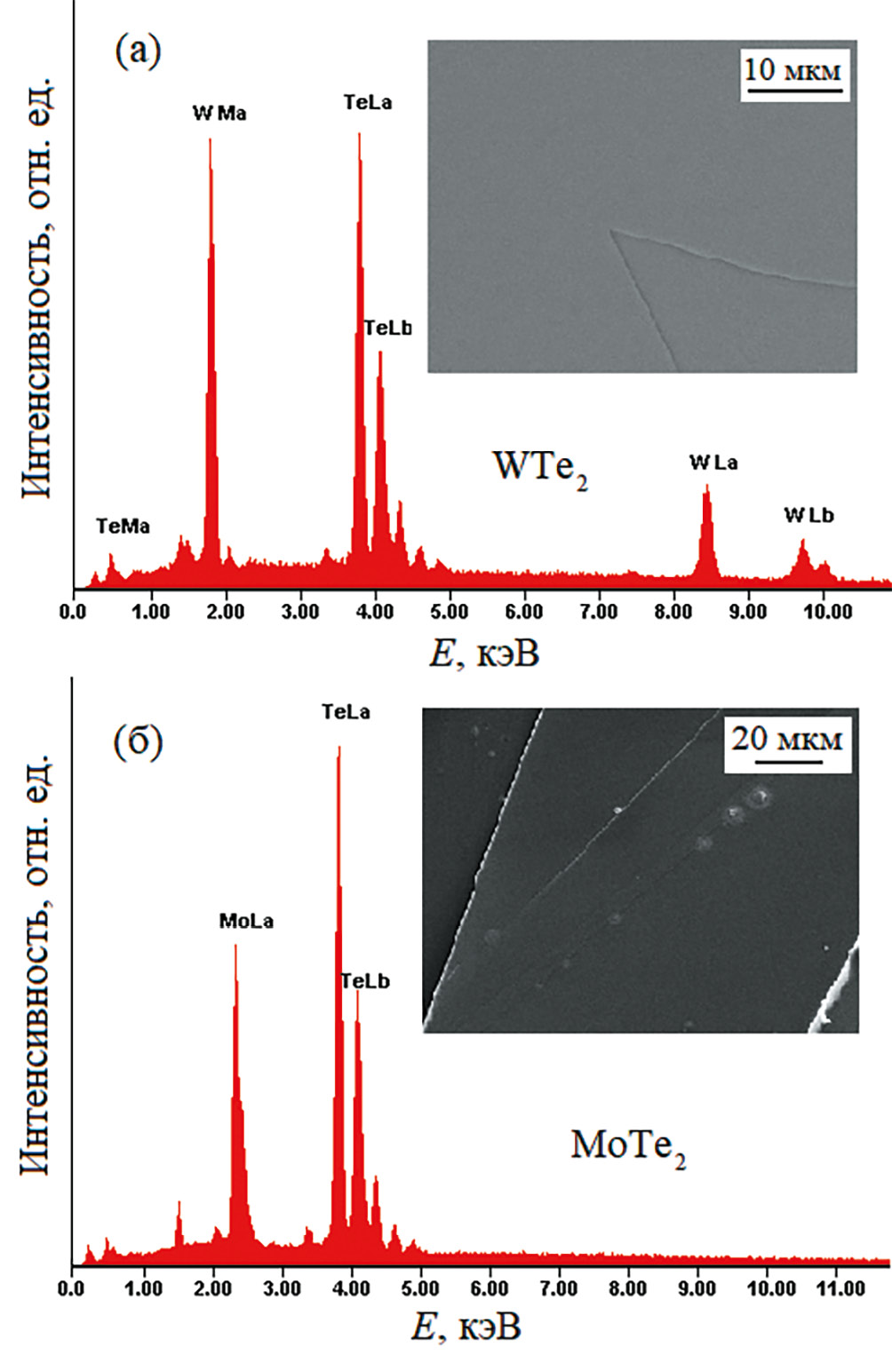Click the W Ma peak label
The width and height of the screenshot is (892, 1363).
point(219,114)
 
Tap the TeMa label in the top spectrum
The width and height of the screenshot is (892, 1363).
point(123,527)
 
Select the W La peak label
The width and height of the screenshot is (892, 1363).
point(713,463)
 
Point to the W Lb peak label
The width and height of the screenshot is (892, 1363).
point(808,515)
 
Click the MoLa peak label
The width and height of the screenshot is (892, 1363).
point(246,922)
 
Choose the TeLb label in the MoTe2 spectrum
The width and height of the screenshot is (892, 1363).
point(365,981)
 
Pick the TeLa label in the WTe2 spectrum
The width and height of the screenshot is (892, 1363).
point(368,103)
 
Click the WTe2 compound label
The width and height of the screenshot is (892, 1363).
point(540,467)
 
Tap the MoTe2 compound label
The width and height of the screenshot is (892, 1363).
point(628,1145)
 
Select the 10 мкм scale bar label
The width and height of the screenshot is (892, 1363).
point(792,70)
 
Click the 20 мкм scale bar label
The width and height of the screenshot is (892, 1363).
point(787,739)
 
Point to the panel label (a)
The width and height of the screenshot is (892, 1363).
point(138,52)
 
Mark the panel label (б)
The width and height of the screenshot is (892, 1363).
point(138,742)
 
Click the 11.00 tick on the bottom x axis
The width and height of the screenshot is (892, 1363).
point(840,1288)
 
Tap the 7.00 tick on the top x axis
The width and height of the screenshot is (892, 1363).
point(599,612)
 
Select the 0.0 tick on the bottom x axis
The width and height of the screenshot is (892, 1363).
point(71,1288)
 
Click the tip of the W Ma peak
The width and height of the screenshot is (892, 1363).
point(210,139)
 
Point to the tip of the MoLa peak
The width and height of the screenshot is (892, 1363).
point(235,945)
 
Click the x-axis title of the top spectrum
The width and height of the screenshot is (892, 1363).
point(484,654)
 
